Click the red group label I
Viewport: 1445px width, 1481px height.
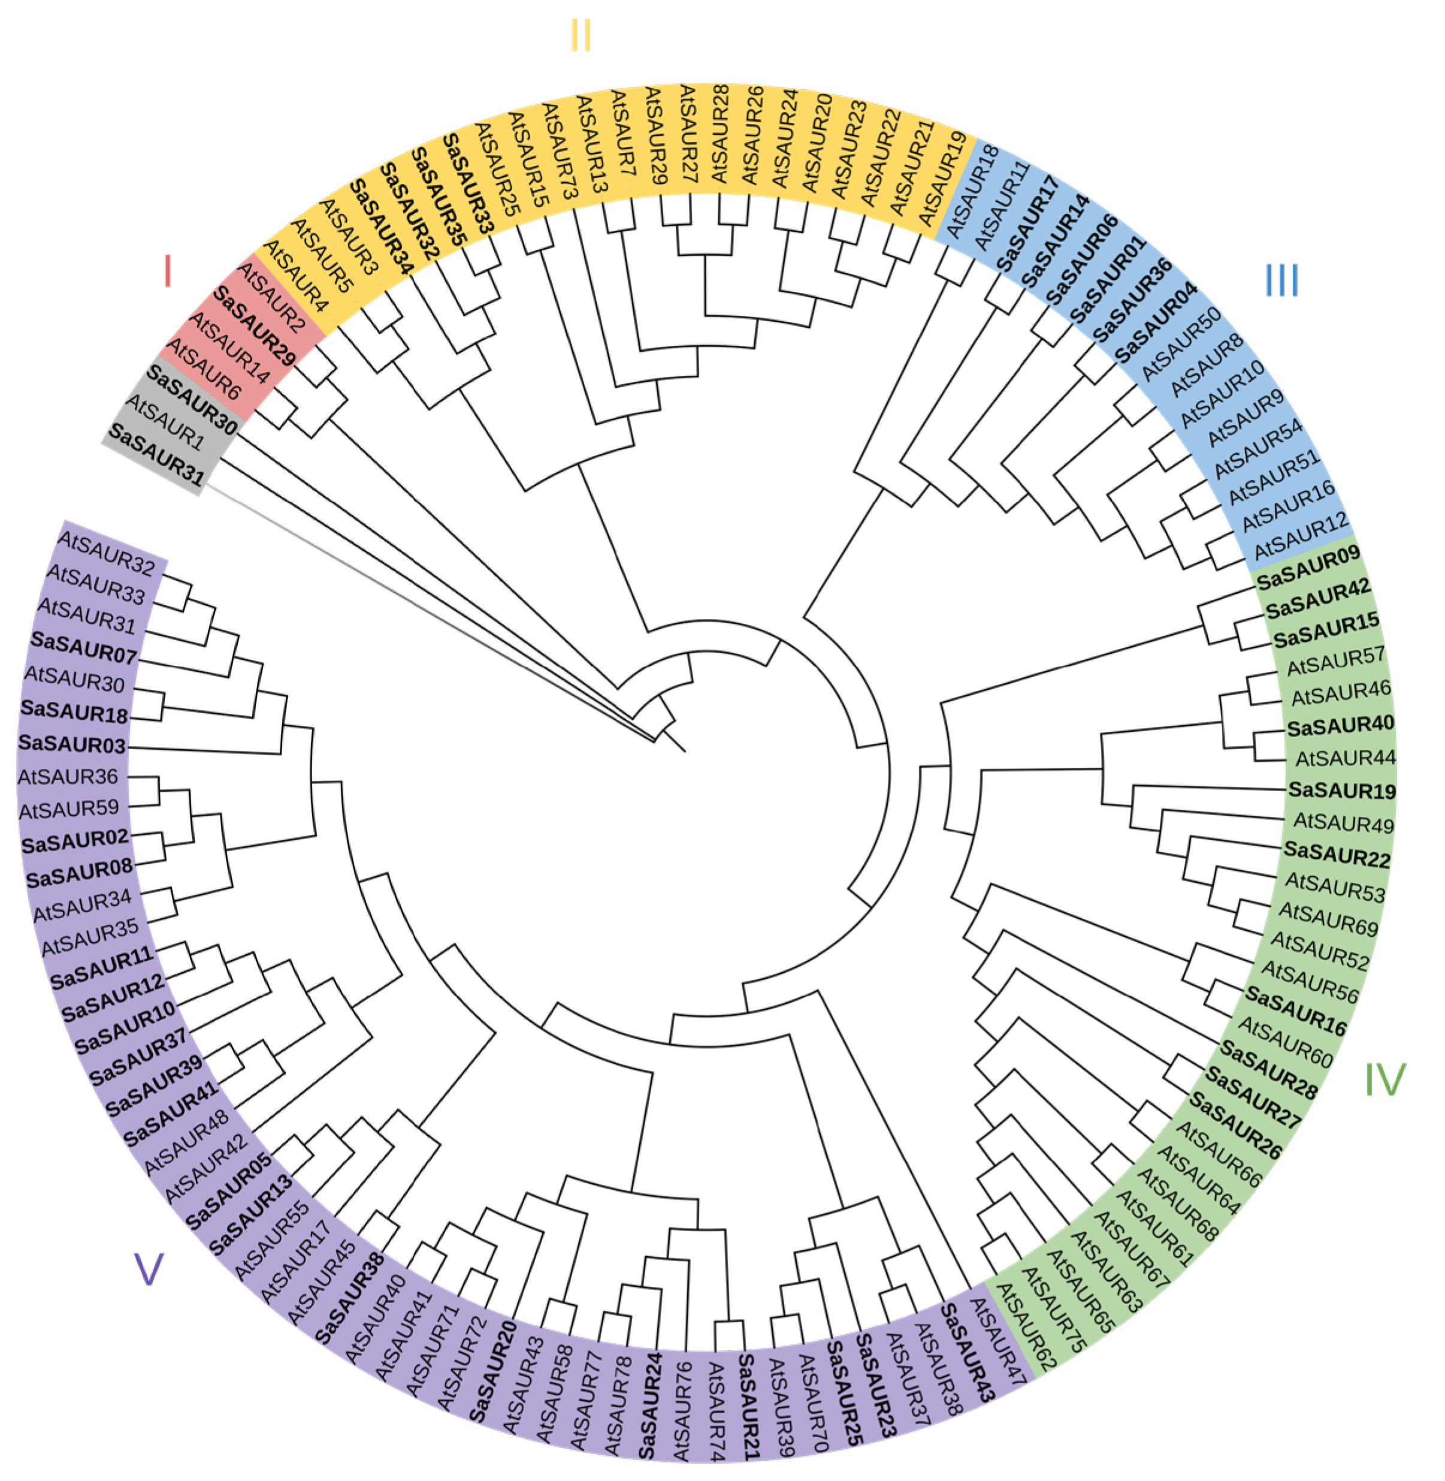pos(168,271)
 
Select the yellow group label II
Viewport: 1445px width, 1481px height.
pos(581,35)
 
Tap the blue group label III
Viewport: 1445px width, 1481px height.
pos(1282,280)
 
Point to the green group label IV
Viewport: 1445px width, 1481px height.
pos(1385,1079)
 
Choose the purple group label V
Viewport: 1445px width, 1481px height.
pos(148,1268)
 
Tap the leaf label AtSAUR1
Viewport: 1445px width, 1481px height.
pos(165,421)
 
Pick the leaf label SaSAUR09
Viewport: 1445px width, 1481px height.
pos(1308,568)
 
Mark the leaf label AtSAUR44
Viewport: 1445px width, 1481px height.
pos(1345,758)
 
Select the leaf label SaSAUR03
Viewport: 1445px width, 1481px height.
pos(72,743)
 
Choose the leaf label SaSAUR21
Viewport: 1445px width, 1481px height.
pos(748,1405)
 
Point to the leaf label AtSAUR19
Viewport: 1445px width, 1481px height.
pos(942,179)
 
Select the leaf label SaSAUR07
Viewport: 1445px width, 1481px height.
pos(83,647)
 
